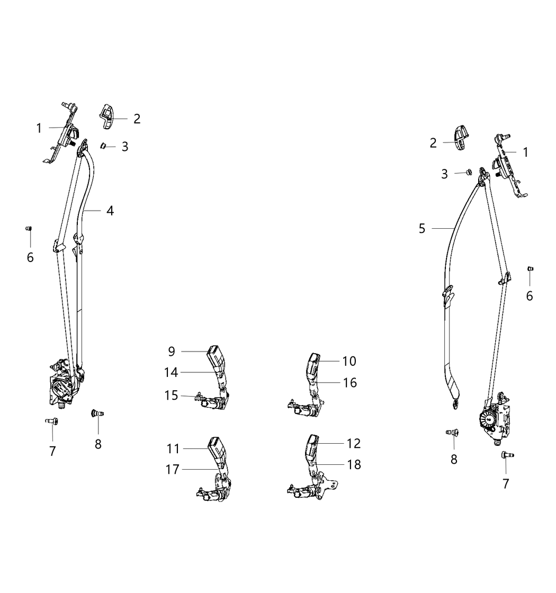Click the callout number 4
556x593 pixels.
110,211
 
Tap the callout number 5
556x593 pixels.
422,229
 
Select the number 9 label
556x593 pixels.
172,351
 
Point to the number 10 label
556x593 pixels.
349,361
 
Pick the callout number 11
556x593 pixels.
173,449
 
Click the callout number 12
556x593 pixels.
354,443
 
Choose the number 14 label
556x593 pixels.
171,373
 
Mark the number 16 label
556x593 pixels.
350,382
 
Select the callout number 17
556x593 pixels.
173,469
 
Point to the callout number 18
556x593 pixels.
354,464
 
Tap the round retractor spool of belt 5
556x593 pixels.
487,421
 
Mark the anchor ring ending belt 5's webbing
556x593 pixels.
455,404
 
